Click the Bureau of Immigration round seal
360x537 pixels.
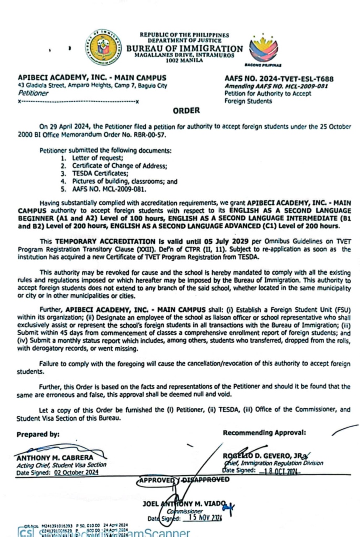point(103,47)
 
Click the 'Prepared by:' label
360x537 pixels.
point(38,435)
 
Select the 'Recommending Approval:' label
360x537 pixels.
point(264,433)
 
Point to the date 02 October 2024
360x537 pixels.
point(76,472)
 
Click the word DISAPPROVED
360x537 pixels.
point(205,480)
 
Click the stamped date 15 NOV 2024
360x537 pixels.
point(205,518)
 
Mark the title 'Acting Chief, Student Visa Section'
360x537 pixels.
point(61,465)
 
